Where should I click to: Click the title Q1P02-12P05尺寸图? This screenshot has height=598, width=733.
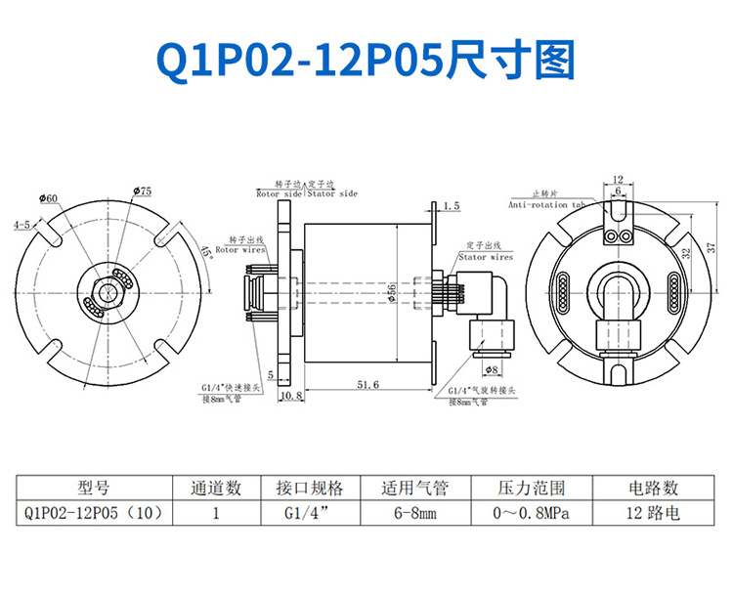click(366, 61)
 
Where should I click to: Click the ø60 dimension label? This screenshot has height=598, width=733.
click(49, 198)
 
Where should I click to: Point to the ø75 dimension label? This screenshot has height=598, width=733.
click(140, 192)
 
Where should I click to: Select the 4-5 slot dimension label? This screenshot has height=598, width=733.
click(22, 225)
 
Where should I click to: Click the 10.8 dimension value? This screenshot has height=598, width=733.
click(291, 397)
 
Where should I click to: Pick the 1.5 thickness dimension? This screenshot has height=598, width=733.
click(451, 206)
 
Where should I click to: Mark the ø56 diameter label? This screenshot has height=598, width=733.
click(391, 292)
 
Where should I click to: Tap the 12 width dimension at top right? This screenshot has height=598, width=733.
click(617, 179)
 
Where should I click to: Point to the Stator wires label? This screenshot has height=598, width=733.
click(486, 257)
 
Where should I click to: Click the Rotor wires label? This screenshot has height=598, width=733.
click(240, 250)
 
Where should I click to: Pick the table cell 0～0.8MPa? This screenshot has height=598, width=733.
click(532, 511)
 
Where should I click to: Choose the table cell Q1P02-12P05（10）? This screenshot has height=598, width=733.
click(92, 511)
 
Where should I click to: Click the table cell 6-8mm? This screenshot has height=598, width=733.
click(414, 511)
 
